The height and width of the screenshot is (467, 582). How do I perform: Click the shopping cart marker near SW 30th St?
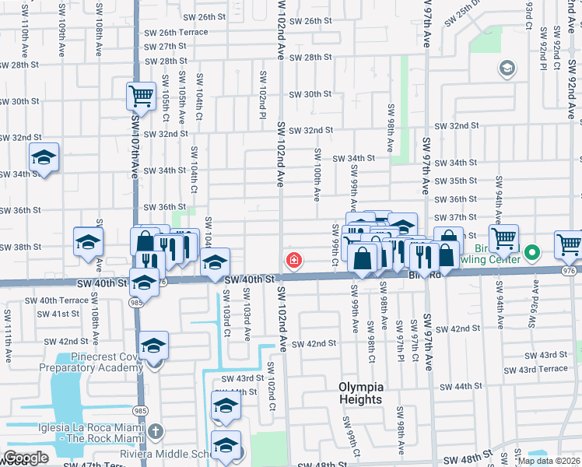pos(141,97)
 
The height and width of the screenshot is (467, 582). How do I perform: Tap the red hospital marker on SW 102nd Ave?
pos(294,259)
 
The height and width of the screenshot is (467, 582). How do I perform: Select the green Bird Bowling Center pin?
pos(532,252)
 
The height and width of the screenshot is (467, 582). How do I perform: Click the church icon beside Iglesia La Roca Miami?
pos(155,430)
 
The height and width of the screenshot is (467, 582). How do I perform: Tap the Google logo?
pos(26,458)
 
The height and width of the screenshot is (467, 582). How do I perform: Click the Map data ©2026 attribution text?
pos(548,461)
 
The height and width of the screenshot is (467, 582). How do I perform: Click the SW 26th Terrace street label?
pos(176,32)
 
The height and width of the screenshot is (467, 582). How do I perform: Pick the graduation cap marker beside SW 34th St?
pos(44,158)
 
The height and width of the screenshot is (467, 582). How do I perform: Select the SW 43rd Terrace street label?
pos(536,369)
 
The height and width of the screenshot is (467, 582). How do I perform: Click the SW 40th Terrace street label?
pos(57,300)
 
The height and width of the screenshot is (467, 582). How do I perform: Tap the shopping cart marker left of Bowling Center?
pos(503,238)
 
